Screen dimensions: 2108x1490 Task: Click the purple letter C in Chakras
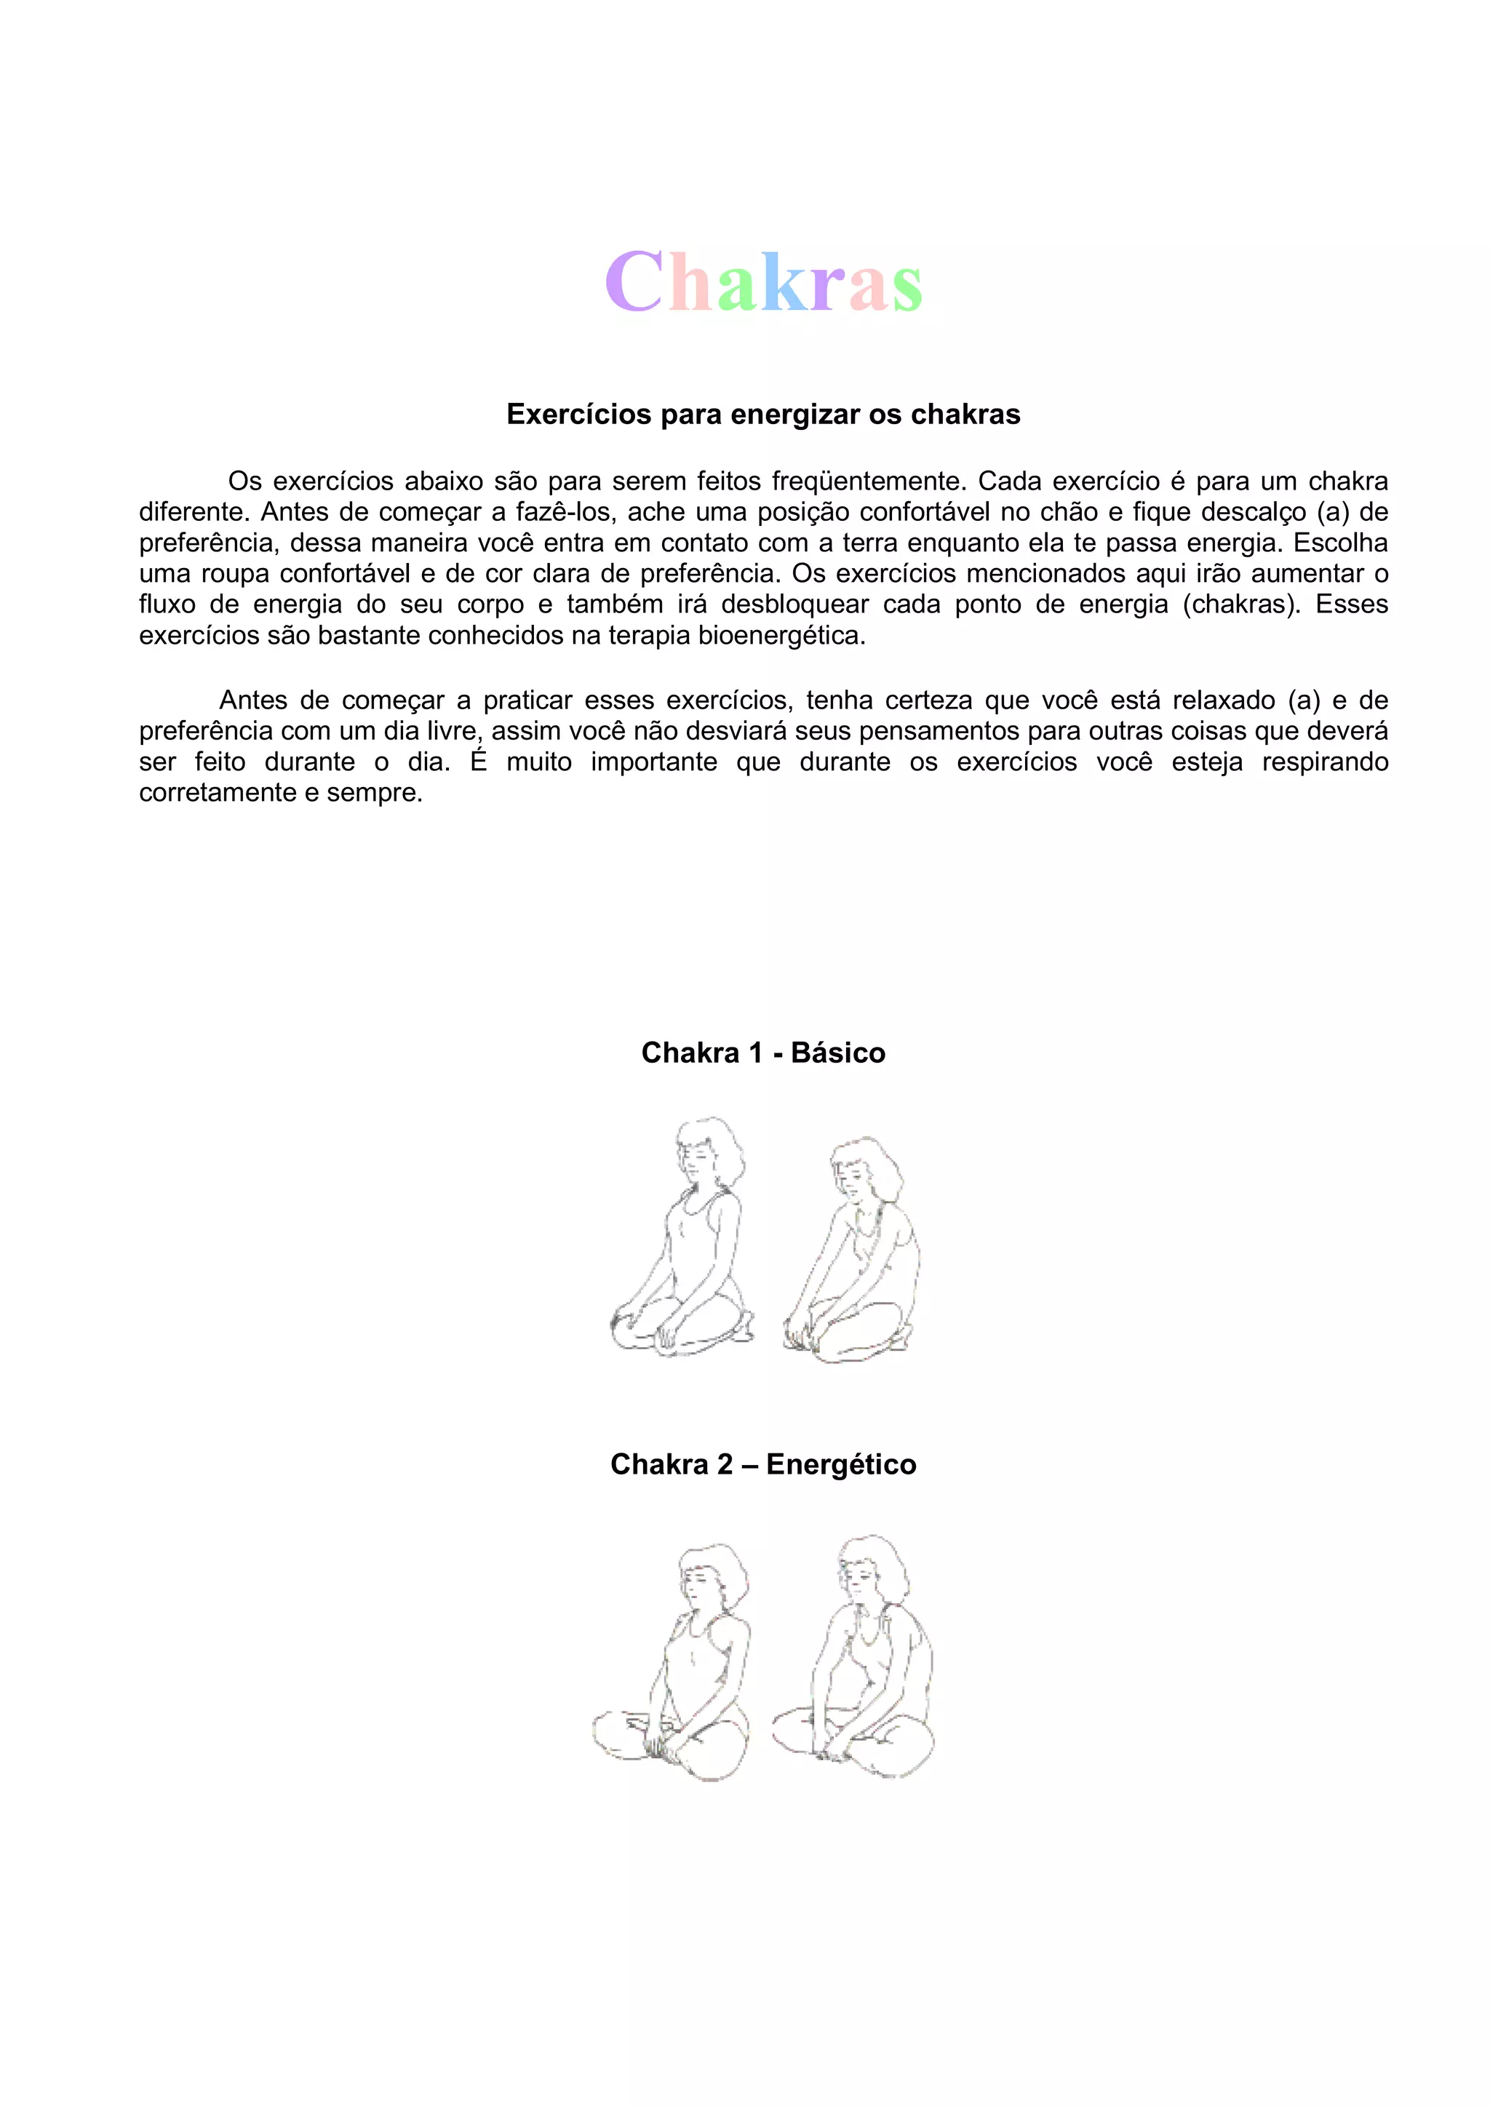coord(634,282)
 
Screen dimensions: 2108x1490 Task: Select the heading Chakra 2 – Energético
coord(763,1464)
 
